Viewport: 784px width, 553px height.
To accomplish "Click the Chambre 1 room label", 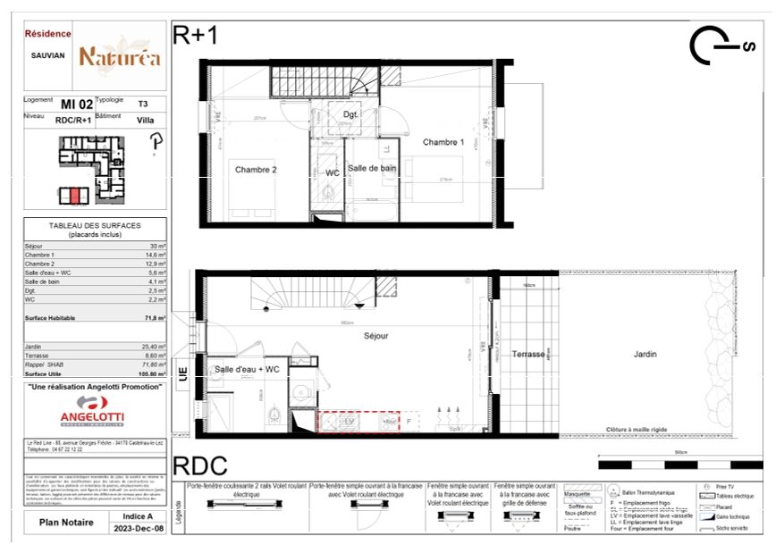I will pos(443,142).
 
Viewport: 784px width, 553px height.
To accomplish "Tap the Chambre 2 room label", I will pos(256,170).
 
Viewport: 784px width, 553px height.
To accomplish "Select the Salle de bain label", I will pos(372,169).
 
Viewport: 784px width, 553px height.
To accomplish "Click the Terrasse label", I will pos(528,355).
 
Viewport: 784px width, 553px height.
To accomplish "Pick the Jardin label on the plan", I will pos(645,355).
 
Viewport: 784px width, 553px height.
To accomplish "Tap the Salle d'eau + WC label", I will pos(248,369).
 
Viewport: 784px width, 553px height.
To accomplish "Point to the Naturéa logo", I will pos(120,56).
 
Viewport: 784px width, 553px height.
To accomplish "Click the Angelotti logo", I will pos(92,413).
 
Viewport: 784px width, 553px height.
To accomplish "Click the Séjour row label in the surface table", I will pos(35,246).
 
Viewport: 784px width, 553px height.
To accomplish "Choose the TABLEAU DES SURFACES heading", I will pos(94,226).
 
